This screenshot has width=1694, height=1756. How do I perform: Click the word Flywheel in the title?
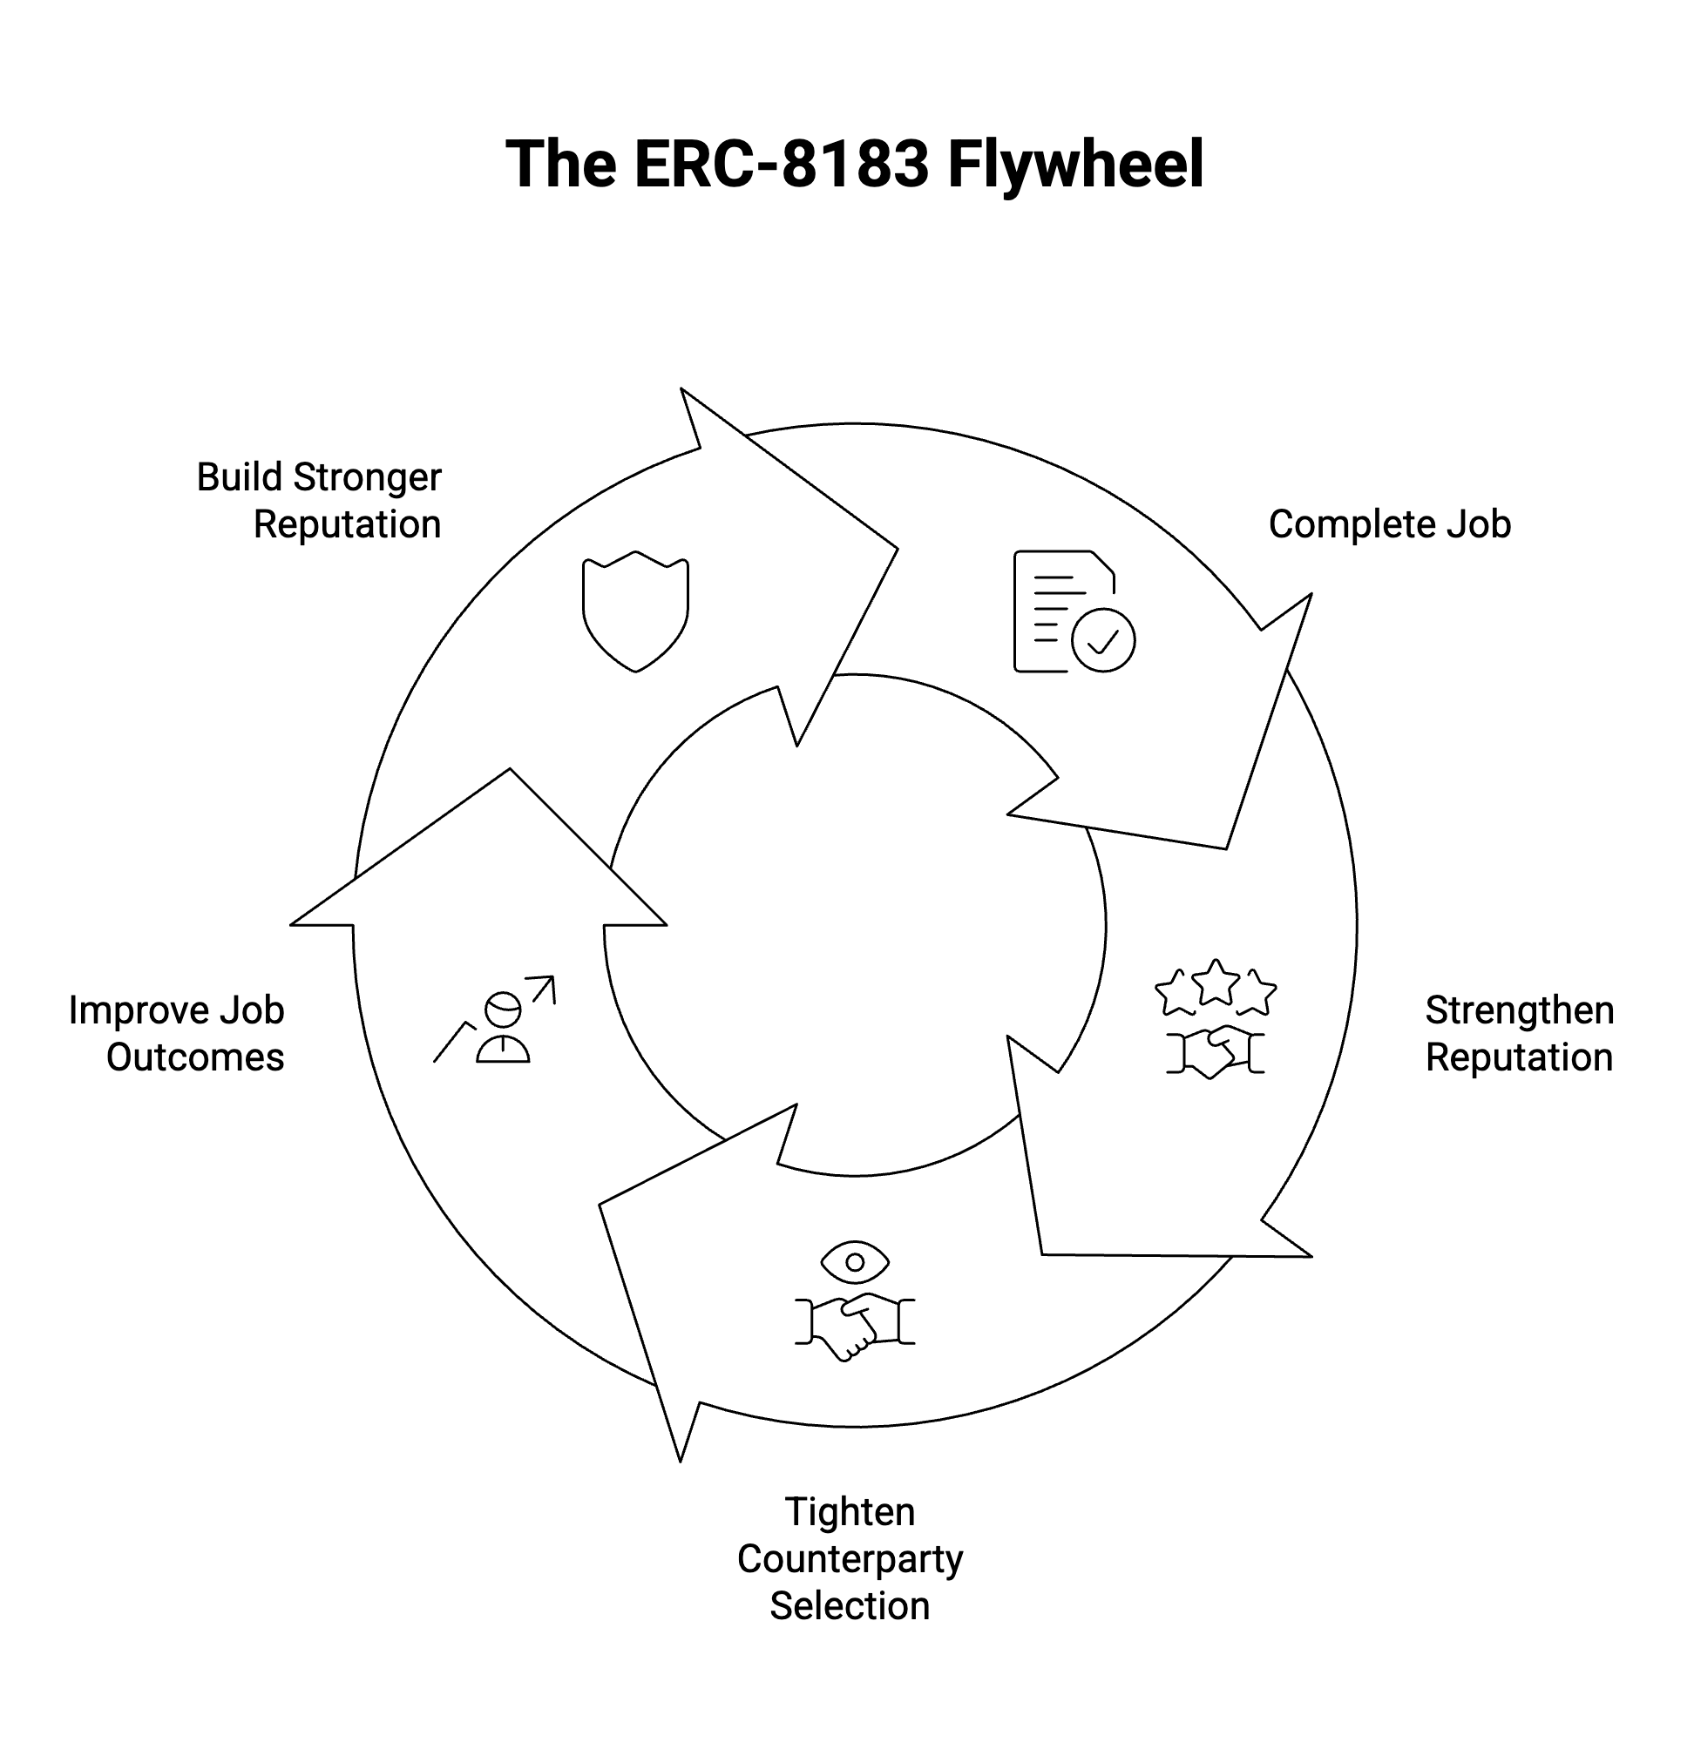click(1075, 165)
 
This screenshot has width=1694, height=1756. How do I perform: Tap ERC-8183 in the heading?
click(782, 164)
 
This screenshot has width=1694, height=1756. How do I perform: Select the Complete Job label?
click(1389, 524)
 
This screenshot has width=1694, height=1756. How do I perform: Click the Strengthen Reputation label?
click(1519, 1034)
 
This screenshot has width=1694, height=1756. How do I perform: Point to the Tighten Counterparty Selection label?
click(850, 1559)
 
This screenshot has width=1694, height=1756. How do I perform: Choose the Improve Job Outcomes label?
click(177, 1034)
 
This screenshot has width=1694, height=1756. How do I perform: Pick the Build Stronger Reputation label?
click(319, 501)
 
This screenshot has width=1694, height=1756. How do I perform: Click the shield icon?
click(635, 611)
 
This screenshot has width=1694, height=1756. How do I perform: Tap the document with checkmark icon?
click(1074, 611)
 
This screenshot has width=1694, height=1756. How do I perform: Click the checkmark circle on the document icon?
click(1103, 639)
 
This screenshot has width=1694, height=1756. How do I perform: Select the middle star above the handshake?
click(1216, 981)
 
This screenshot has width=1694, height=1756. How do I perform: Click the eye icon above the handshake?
click(855, 1262)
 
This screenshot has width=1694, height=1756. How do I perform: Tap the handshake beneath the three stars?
click(1216, 1052)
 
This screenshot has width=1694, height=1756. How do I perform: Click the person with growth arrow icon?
click(495, 1020)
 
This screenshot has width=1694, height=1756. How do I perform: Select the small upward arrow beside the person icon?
click(543, 989)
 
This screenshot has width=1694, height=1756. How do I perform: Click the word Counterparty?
click(850, 1560)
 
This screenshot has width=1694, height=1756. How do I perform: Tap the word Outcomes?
click(195, 1057)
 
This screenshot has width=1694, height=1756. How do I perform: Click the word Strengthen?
click(1520, 1010)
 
